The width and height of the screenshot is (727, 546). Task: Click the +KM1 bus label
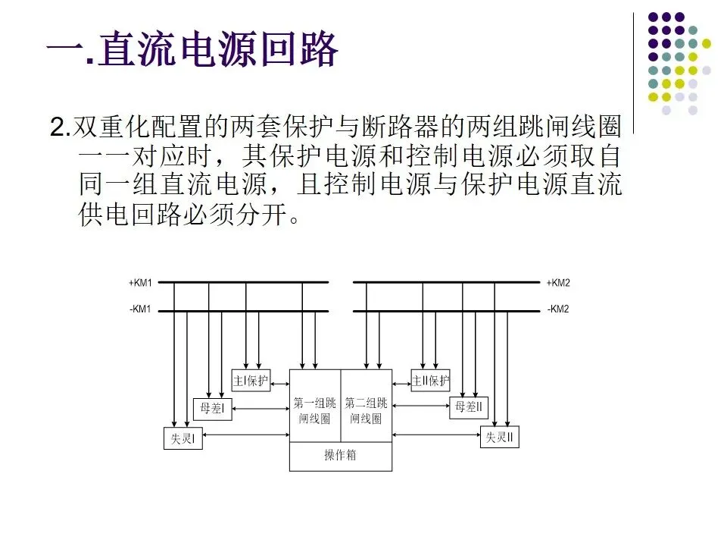click(x=141, y=283)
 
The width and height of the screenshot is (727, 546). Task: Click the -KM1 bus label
click(x=141, y=310)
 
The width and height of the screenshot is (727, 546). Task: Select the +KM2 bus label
click(x=558, y=283)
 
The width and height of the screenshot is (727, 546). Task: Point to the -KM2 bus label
click(x=558, y=310)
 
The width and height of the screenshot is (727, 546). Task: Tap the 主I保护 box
click(x=250, y=380)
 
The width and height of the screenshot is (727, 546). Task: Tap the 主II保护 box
click(x=430, y=380)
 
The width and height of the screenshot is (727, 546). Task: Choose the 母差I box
click(x=212, y=409)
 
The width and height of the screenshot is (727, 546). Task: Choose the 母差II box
click(x=469, y=408)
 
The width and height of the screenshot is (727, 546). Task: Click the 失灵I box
click(x=183, y=438)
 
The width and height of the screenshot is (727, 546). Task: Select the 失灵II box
click(x=500, y=438)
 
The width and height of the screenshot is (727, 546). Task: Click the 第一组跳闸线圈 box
click(x=315, y=409)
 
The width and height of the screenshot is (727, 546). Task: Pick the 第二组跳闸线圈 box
click(x=367, y=409)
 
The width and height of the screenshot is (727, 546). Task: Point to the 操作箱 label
click(x=341, y=456)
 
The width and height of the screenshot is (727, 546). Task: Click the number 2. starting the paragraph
click(x=58, y=127)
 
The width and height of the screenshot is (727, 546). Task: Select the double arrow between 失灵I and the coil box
click(x=247, y=435)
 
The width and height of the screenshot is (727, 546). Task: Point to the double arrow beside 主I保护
click(x=279, y=380)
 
